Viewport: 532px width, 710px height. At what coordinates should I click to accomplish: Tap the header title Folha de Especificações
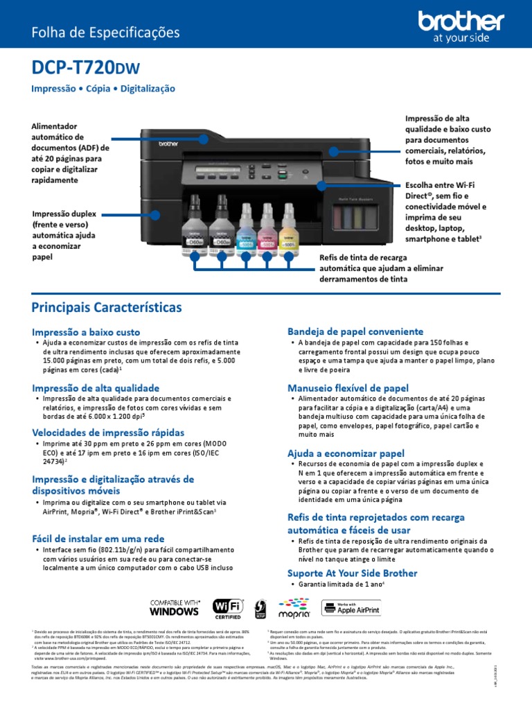[x=105, y=33]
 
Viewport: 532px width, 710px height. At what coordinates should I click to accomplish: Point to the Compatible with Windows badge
[x=175, y=607]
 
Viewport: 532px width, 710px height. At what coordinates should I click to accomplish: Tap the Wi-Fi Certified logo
[x=227, y=607]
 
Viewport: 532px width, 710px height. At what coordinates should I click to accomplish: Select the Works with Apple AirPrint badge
[x=351, y=608]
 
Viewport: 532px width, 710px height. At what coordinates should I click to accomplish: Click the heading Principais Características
[x=107, y=306]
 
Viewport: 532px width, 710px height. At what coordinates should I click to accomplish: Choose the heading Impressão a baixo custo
[x=86, y=332]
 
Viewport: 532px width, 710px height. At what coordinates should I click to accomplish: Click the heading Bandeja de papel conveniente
[x=355, y=331]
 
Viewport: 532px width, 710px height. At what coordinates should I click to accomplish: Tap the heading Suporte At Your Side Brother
[x=352, y=573]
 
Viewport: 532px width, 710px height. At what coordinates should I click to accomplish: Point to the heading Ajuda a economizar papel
[x=346, y=453]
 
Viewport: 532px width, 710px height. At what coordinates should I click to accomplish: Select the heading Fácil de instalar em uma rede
[x=98, y=539]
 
